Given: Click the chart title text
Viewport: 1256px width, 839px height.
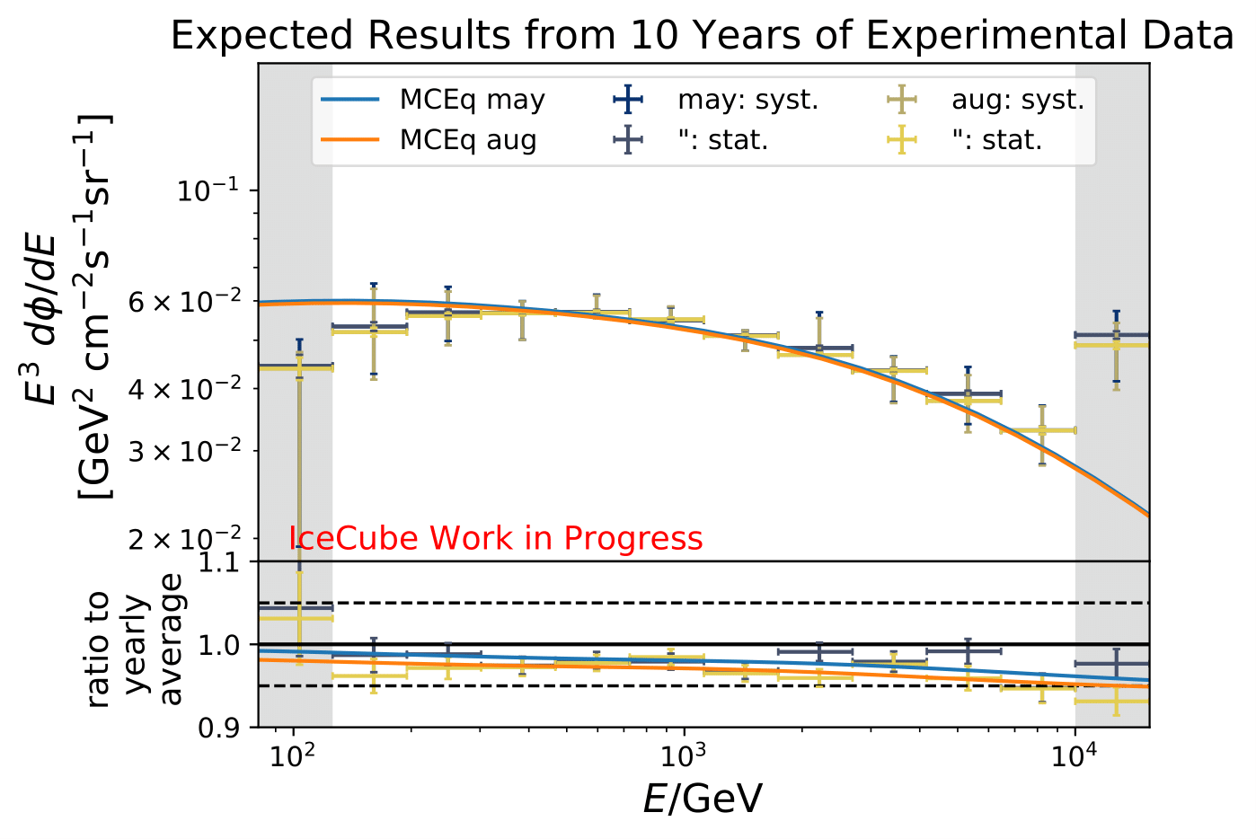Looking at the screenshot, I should tap(702, 36).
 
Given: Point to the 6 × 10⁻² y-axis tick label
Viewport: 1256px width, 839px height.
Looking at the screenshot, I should tap(185, 301).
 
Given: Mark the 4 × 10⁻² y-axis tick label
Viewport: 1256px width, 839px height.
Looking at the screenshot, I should tap(185, 389).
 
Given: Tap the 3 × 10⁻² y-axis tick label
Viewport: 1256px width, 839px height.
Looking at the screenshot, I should tap(185, 451).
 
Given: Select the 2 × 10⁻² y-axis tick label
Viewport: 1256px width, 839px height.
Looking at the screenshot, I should tap(185, 539).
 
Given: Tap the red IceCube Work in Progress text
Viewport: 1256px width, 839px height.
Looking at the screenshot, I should tap(495, 538).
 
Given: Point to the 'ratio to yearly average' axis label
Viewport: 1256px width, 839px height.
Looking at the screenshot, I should tap(135, 644).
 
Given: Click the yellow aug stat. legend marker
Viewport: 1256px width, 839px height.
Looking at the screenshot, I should tap(901, 140).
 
